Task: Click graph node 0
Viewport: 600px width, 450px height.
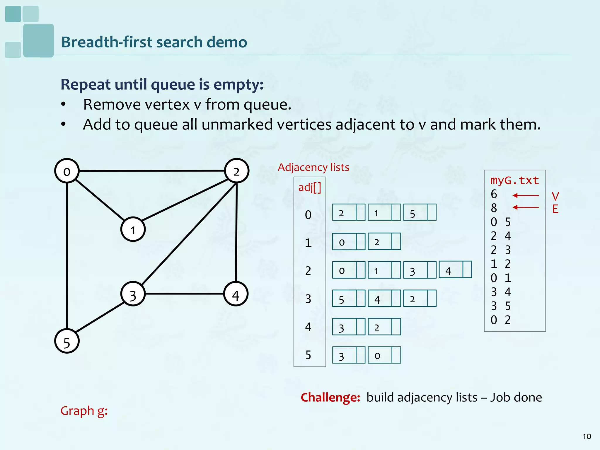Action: pyautogui.click(x=67, y=171)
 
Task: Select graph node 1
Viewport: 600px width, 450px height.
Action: pyautogui.click(x=133, y=229)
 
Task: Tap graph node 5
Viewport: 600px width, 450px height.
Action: pyautogui.click(x=67, y=341)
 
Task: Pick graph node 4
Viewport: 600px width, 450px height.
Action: pyautogui.click(x=236, y=294)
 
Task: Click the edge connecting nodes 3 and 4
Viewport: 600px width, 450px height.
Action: pyautogui.click(x=185, y=294)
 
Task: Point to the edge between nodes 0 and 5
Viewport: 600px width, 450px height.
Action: pyautogui.click(x=67, y=255)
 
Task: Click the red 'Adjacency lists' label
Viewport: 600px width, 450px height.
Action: pyautogui.click(x=313, y=167)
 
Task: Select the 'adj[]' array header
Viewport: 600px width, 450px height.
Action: pyautogui.click(x=309, y=187)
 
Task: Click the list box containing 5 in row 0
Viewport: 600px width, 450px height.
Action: pyautogui.click(x=419, y=213)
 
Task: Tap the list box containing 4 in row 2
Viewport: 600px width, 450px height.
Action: pyautogui.click(x=455, y=270)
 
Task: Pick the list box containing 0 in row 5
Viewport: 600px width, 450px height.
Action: pyautogui.click(x=384, y=355)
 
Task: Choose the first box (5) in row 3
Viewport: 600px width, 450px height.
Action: pyautogui.click(x=348, y=299)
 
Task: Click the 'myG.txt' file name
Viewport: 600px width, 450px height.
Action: pyautogui.click(x=514, y=180)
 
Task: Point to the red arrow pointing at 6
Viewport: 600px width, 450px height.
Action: pyautogui.click(x=526, y=195)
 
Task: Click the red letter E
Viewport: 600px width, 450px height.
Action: pyautogui.click(x=555, y=209)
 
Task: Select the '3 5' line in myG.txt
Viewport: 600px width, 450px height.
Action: pyautogui.click(x=501, y=306)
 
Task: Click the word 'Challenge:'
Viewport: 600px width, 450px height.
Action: pyautogui.click(x=330, y=398)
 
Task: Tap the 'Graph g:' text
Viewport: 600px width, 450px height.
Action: pyautogui.click(x=84, y=411)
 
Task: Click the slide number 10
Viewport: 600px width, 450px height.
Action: pyautogui.click(x=587, y=437)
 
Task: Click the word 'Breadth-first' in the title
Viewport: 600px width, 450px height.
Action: pyautogui.click(x=107, y=42)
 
